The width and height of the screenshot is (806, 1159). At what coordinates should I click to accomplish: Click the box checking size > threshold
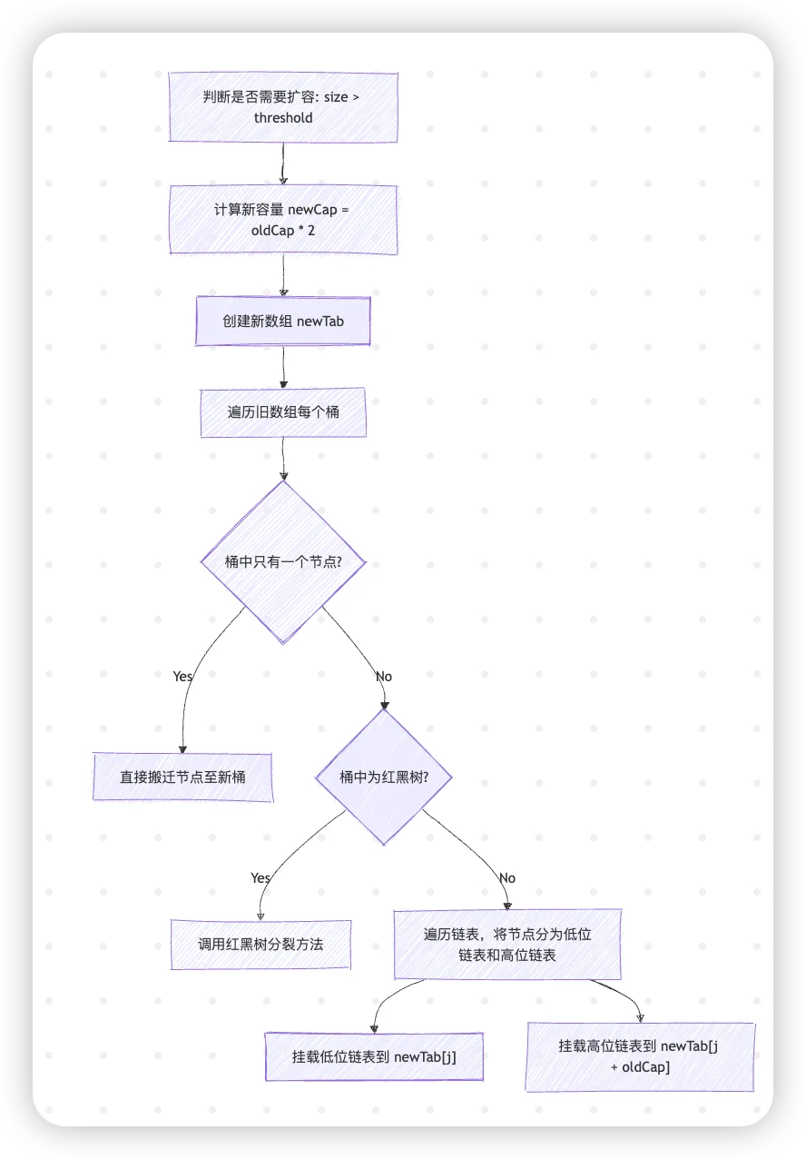tap(283, 107)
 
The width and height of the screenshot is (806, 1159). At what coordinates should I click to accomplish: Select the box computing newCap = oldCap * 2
tap(283, 220)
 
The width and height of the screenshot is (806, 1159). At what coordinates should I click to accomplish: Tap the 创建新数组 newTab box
tap(283, 322)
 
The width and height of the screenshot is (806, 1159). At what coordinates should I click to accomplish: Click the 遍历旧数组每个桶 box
tap(283, 412)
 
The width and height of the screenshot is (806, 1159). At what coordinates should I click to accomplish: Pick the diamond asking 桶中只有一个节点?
tap(283, 562)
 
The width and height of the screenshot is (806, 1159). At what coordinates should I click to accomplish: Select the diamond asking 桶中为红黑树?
tap(383, 778)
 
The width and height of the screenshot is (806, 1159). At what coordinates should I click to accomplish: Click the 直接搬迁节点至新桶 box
tap(182, 777)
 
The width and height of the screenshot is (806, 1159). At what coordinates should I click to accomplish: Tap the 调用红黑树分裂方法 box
tap(260, 945)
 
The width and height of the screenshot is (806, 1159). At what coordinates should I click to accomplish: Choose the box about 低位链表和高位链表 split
tap(507, 945)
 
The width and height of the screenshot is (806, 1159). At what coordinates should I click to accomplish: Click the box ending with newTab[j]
tap(374, 1056)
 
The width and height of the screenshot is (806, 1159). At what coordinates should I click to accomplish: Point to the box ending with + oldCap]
tap(640, 1056)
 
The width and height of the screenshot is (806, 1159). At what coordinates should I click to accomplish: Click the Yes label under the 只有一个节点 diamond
tap(182, 677)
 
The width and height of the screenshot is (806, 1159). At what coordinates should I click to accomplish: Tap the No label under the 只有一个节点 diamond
tap(384, 677)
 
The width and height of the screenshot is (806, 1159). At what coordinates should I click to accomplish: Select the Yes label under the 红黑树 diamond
tap(260, 878)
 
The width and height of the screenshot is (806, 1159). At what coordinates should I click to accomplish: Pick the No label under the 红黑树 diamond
tap(507, 878)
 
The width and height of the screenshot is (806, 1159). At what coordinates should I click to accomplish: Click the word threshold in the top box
tap(283, 118)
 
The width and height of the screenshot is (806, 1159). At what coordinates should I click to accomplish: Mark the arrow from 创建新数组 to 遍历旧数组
tap(284, 368)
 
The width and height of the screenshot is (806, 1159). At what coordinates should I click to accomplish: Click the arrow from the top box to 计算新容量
tap(283, 163)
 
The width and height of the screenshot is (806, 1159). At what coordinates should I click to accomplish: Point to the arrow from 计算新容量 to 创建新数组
tap(284, 275)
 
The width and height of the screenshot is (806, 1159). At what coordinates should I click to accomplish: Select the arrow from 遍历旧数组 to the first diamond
tap(284, 459)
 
